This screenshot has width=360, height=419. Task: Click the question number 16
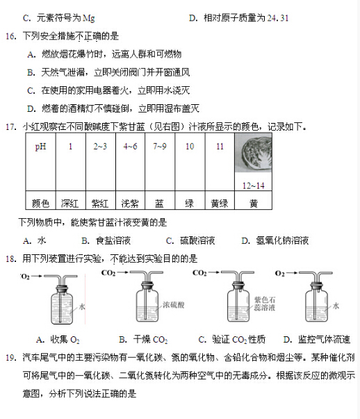(x=10, y=35)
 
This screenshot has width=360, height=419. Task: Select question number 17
(x=10, y=127)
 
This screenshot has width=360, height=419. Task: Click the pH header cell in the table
(x=40, y=147)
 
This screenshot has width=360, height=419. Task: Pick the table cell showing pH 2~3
(x=100, y=147)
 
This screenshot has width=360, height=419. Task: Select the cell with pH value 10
(x=189, y=147)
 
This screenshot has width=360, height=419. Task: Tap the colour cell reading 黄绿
(x=219, y=204)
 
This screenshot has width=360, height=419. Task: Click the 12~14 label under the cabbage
(x=254, y=186)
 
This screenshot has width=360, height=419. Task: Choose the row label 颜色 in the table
(x=40, y=204)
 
